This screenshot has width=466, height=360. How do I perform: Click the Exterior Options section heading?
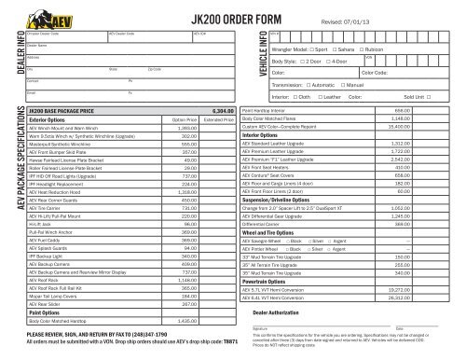click(x=53, y=119)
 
